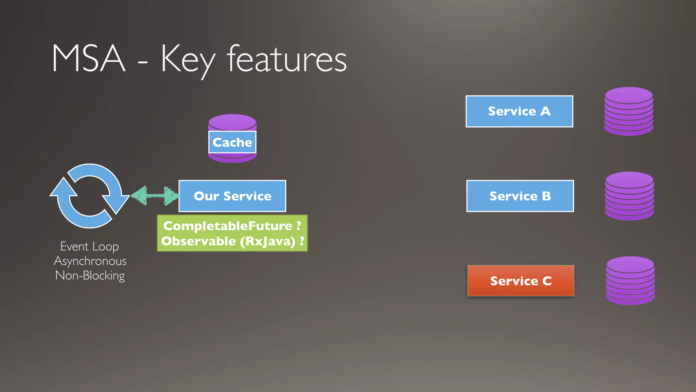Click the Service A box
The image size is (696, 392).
click(519, 111)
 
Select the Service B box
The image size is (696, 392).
click(520, 196)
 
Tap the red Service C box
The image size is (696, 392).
click(521, 281)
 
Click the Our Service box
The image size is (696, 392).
click(232, 196)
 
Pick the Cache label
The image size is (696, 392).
click(232, 142)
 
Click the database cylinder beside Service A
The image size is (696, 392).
click(629, 111)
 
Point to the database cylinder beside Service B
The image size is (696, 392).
click(629, 196)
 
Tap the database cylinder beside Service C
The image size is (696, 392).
click(630, 281)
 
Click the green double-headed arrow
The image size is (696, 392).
click(155, 196)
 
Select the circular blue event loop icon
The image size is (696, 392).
click(90, 196)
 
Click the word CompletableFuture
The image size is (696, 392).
click(228, 226)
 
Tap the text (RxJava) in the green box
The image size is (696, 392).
click(268, 241)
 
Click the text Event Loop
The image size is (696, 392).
click(90, 246)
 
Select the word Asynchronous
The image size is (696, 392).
click(90, 261)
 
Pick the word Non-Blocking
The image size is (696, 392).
click(90, 275)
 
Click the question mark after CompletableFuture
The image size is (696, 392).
click(299, 226)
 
